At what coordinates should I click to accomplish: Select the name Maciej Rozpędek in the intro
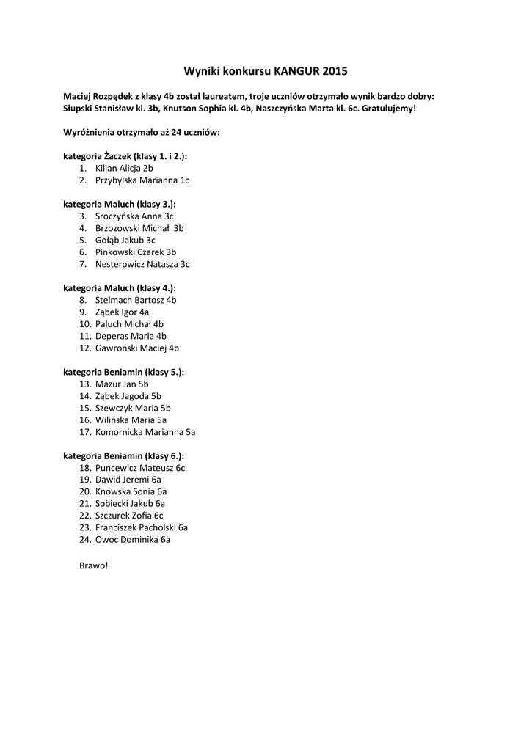click(x=96, y=96)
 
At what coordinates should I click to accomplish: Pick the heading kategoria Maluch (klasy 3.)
click(x=120, y=204)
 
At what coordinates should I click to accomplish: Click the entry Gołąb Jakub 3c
click(x=125, y=240)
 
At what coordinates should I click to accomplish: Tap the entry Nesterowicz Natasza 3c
click(x=142, y=264)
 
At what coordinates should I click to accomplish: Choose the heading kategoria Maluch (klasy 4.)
click(x=120, y=288)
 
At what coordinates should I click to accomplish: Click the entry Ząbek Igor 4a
click(x=122, y=312)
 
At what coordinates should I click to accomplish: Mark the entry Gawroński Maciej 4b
click(x=137, y=348)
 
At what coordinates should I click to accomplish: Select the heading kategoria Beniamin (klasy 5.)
click(x=124, y=372)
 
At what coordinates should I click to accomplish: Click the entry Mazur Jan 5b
click(x=122, y=384)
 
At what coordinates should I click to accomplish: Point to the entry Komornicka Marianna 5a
click(x=145, y=432)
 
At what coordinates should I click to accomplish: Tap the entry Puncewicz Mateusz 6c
click(x=140, y=467)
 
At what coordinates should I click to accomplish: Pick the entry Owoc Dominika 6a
click(x=133, y=539)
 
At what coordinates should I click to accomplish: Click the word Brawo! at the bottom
click(x=93, y=565)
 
